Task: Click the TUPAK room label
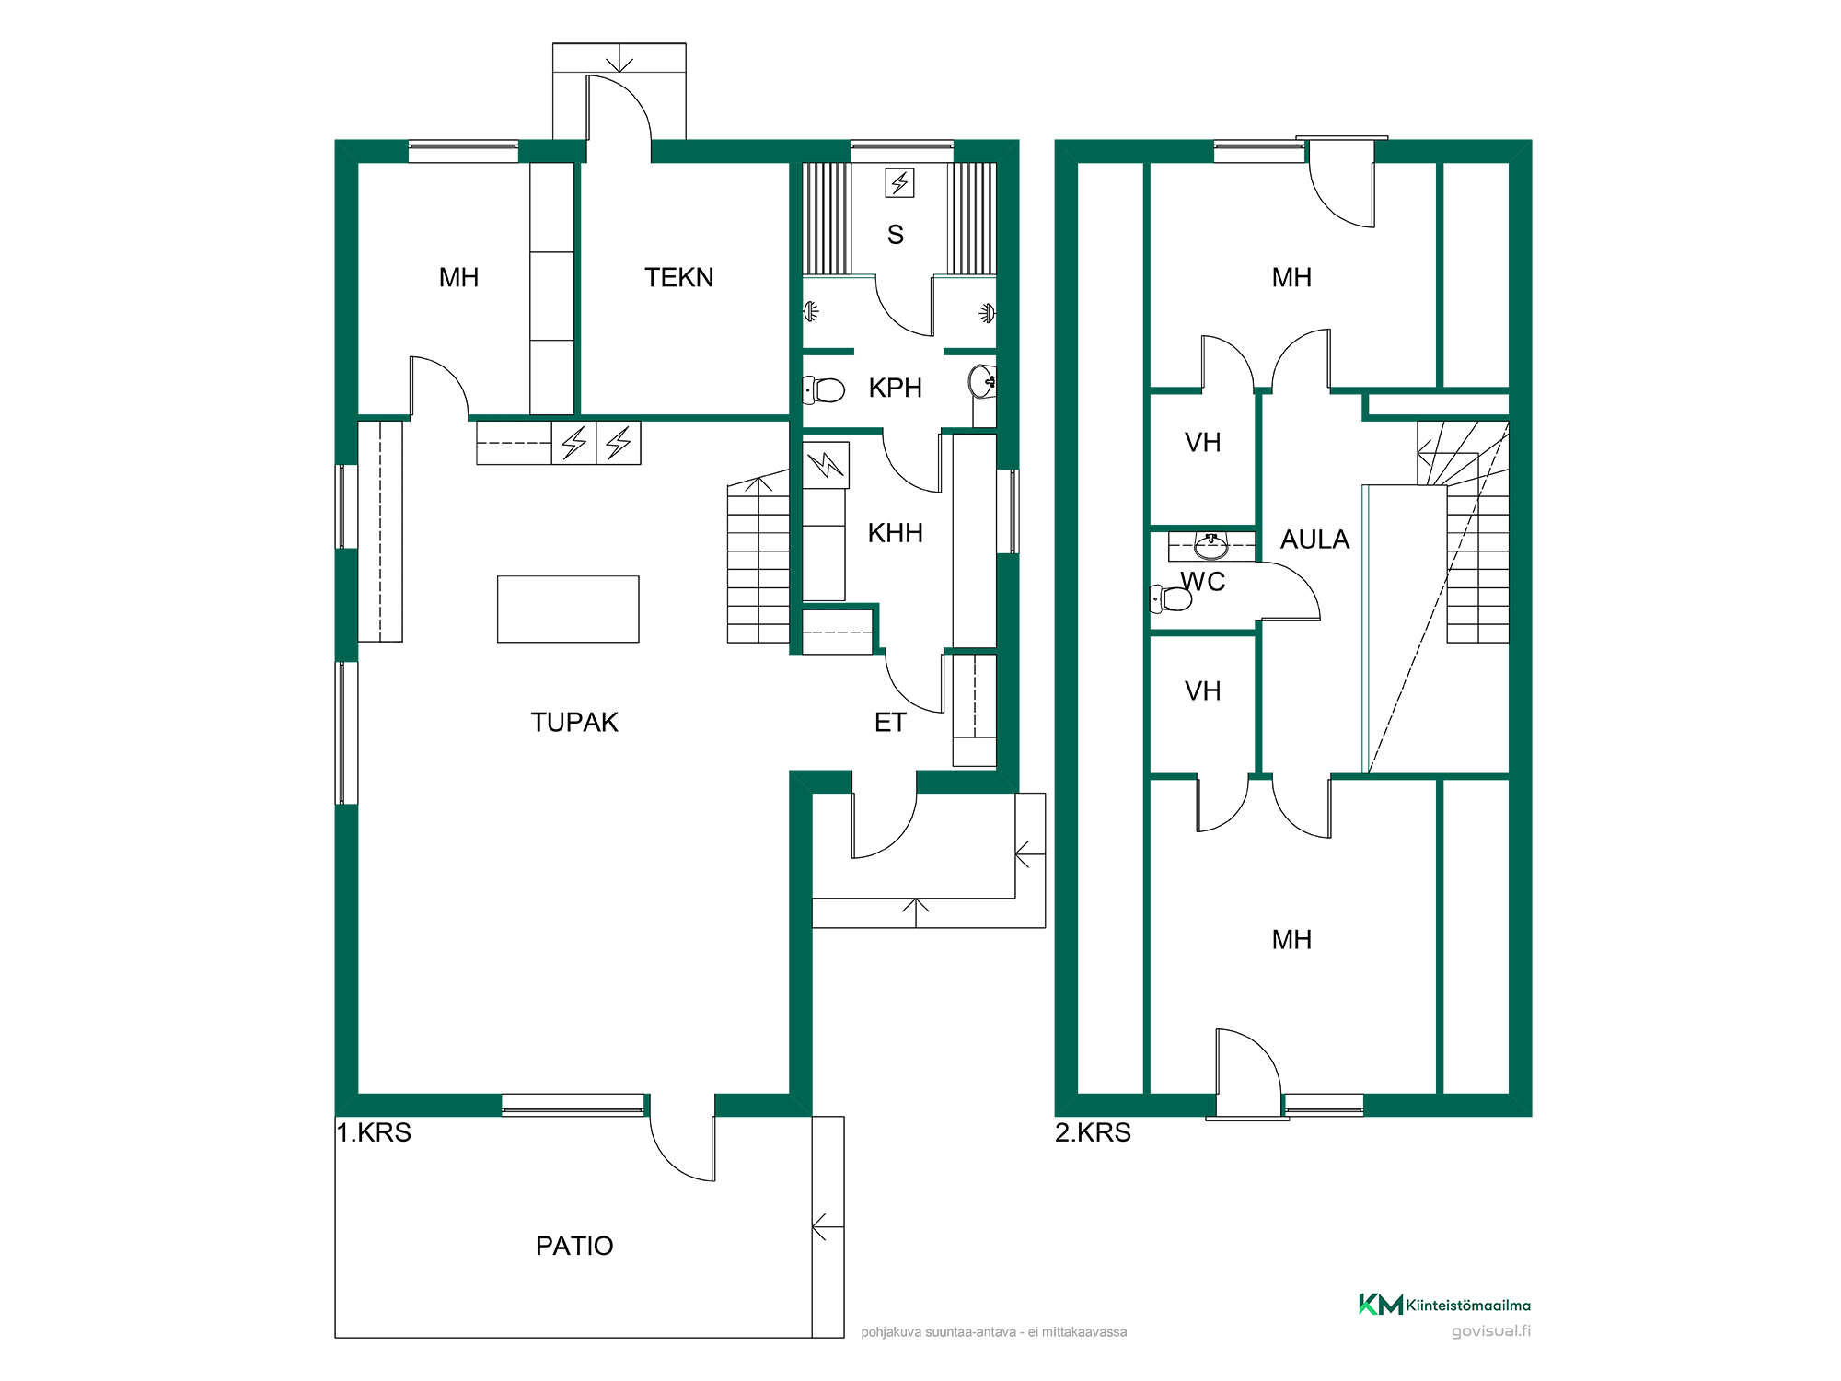[574, 722]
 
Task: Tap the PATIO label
[574, 1246]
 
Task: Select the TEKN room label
[678, 277]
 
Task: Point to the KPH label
[895, 388]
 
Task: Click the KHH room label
[895, 532]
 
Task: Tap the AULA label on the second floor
[1314, 540]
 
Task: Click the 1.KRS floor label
[374, 1132]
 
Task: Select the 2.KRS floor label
[1093, 1132]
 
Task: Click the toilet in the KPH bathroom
[824, 389]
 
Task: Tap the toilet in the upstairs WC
[1171, 598]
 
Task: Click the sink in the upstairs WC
[1210, 546]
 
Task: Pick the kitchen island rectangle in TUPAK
[568, 609]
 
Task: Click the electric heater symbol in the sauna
[899, 182]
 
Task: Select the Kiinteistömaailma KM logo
[1381, 1305]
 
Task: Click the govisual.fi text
[1491, 1331]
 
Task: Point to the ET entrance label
[890, 723]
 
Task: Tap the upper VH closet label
[1202, 443]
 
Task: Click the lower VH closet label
[1202, 691]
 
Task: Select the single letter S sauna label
[895, 235]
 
